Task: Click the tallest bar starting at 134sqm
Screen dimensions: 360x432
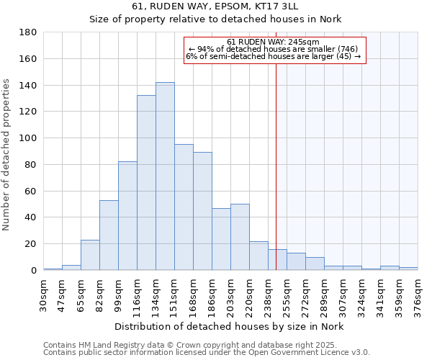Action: (x=165, y=176)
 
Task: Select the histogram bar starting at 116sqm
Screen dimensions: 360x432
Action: (x=146, y=183)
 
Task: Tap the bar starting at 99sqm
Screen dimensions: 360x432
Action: (x=127, y=216)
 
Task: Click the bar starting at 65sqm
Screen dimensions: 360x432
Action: (x=90, y=255)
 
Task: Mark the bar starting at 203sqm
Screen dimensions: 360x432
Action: (x=240, y=237)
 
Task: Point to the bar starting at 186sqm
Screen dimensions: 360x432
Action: (x=221, y=239)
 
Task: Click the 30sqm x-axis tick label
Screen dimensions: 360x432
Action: (x=44, y=293)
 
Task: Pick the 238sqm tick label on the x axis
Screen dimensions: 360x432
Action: (x=269, y=293)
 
